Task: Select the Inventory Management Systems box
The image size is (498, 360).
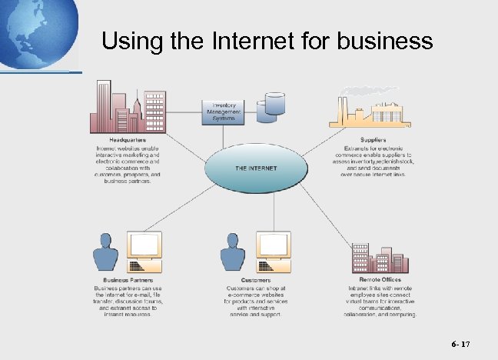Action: tap(223, 112)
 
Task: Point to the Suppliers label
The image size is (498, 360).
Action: tap(373, 139)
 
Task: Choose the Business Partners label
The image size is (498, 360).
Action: tap(126, 279)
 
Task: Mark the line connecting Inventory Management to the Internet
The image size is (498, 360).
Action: tap(224, 136)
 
